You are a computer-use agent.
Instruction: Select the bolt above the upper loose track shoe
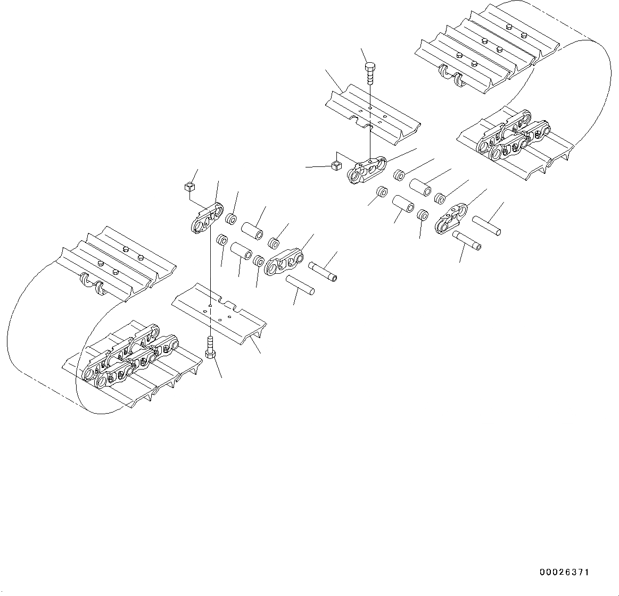pos(370,72)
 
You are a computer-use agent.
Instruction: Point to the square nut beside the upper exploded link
pos(335,166)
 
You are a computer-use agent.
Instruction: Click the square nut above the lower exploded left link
pos(188,186)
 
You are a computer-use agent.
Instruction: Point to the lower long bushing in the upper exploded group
pos(402,204)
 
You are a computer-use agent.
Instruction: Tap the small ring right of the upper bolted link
pos(400,175)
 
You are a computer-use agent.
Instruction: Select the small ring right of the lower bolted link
pos(230,219)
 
